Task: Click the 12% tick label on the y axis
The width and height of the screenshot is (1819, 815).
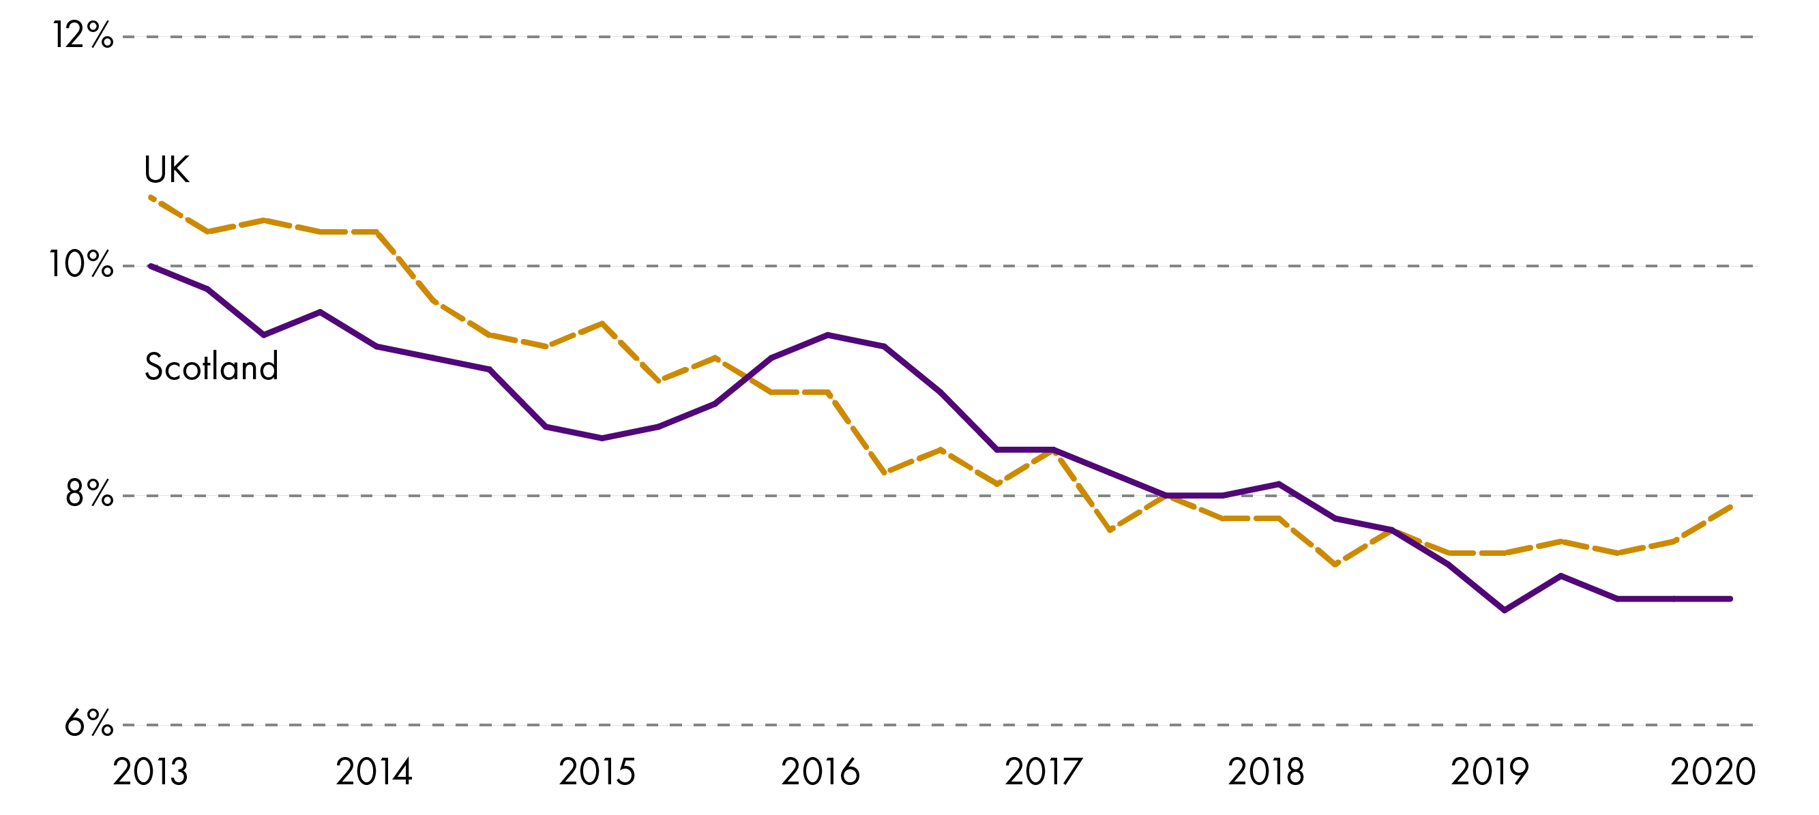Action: click(x=83, y=35)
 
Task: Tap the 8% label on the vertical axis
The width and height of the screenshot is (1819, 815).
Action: click(x=89, y=494)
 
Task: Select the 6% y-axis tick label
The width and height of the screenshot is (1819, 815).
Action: click(x=88, y=723)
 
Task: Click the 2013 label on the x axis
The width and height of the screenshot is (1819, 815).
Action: click(x=151, y=772)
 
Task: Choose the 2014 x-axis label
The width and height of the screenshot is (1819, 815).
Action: click(x=374, y=772)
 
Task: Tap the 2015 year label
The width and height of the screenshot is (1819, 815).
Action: click(x=597, y=772)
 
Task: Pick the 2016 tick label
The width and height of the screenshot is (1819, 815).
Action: click(x=820, y=772)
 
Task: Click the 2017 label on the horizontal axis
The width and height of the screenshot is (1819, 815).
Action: click(x=1043, y=772)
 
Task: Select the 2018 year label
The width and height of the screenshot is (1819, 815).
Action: click(x=1266, y=772)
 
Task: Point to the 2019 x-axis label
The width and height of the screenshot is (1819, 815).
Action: click(x=1490, y=772)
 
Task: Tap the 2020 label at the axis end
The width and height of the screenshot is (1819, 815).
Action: click(x=1713, y=772)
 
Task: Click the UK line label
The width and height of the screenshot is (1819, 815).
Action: click(x=166, y=170)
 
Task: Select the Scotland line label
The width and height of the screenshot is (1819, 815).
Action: click(x=211, y=366)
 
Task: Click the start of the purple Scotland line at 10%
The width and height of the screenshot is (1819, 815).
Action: click(x=151, y=266)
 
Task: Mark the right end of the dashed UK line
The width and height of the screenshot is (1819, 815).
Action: click(x=1731, y=506)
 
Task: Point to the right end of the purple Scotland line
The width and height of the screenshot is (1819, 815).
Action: click(x=1731, y=599)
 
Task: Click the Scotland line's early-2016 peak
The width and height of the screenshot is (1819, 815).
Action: click(x=827, y=335)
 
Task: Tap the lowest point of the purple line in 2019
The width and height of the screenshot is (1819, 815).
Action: click(x=1505, y=610)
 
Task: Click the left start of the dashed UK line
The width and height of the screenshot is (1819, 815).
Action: click(x=151, y=197)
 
